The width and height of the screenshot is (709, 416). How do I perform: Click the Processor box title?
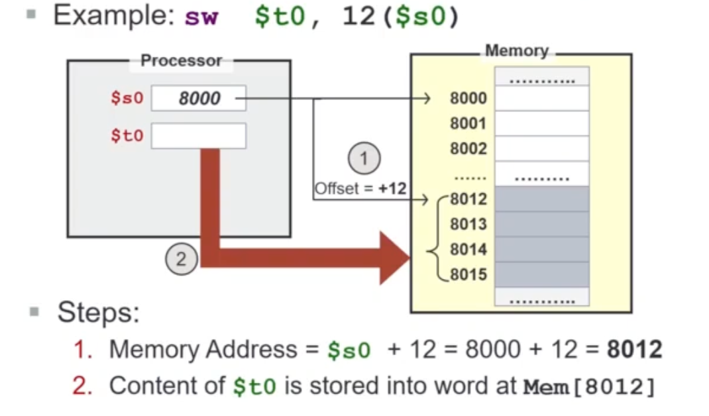[x=181, y=61]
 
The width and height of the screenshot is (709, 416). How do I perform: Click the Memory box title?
[x=516, y=51]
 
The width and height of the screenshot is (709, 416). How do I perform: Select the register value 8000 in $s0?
[x=199, y=99]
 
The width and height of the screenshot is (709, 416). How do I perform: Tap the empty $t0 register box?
[x=199, y=136]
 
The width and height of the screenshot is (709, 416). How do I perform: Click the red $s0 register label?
[x=127, y=99]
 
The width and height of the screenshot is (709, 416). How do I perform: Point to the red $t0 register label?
[x=127, y=136]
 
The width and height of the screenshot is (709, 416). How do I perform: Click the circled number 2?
[x=180, y=260]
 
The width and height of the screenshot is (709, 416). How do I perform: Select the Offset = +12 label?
[x=360, y=188]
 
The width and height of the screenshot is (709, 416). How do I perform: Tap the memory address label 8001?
[x=468, y=124]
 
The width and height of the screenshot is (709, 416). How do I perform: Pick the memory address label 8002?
[x=468, y=149]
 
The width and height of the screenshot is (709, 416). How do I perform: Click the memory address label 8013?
[x=468, y=225]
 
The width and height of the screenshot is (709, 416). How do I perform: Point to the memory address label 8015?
[x=468, y=274]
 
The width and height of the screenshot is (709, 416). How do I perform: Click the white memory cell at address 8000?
[x=542, y=99]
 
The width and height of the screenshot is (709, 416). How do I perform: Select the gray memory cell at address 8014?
[x=542, y=250]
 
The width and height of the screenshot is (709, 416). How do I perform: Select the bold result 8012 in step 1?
[x=635, y=349]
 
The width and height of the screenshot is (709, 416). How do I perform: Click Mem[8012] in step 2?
[x=588, y=386]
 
